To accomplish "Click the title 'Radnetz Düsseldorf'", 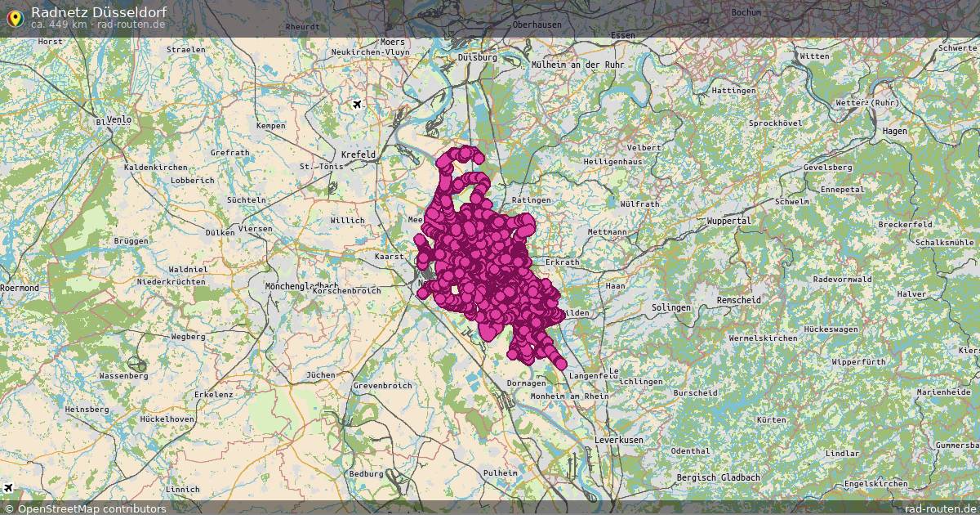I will (x=99, y=11).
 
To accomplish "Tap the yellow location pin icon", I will (x=14, y=16).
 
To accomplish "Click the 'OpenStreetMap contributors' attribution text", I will (x=91, y=508).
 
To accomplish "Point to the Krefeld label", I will (x=358, y=154).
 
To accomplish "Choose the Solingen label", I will (x=671, y=307).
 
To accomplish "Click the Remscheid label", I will (x=738, y=300).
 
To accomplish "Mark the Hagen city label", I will (x=895, y=131).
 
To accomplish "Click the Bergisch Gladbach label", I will (x=718, y=477).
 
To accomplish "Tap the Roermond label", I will (x=20, y=289).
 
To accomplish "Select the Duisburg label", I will (x=478, y=57).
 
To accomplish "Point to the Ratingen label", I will (x=532, y=199).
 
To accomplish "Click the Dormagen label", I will (x=525, y=383).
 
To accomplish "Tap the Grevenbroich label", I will (x=382, y=385).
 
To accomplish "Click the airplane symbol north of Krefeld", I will (x=357, y=104).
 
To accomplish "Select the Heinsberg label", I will (x=87, y=409).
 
